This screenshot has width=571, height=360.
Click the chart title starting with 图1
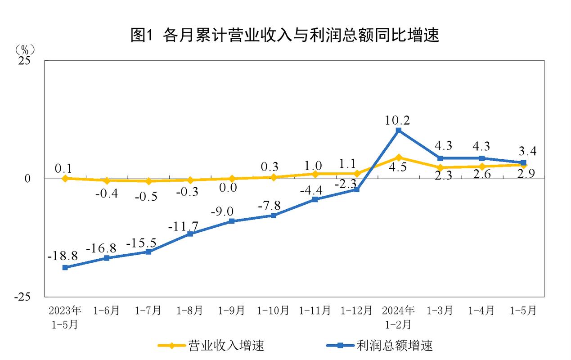click(284, 35)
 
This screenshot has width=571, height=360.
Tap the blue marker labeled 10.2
click(398, 130)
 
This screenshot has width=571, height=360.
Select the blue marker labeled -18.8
click(65, 267)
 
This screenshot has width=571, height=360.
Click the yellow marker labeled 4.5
click(398, 157)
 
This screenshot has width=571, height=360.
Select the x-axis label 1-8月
click(189, 310)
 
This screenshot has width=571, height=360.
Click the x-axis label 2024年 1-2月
click(398, 317)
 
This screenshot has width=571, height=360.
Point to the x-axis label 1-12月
click(356, 310)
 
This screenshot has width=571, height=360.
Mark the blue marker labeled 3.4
click(523, 162)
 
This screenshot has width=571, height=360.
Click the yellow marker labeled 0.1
click(65, 178)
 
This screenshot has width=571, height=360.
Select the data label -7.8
click(270, 205)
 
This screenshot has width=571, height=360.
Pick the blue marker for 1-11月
click(315, 199)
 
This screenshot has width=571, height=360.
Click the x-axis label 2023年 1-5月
click(65, 317)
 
